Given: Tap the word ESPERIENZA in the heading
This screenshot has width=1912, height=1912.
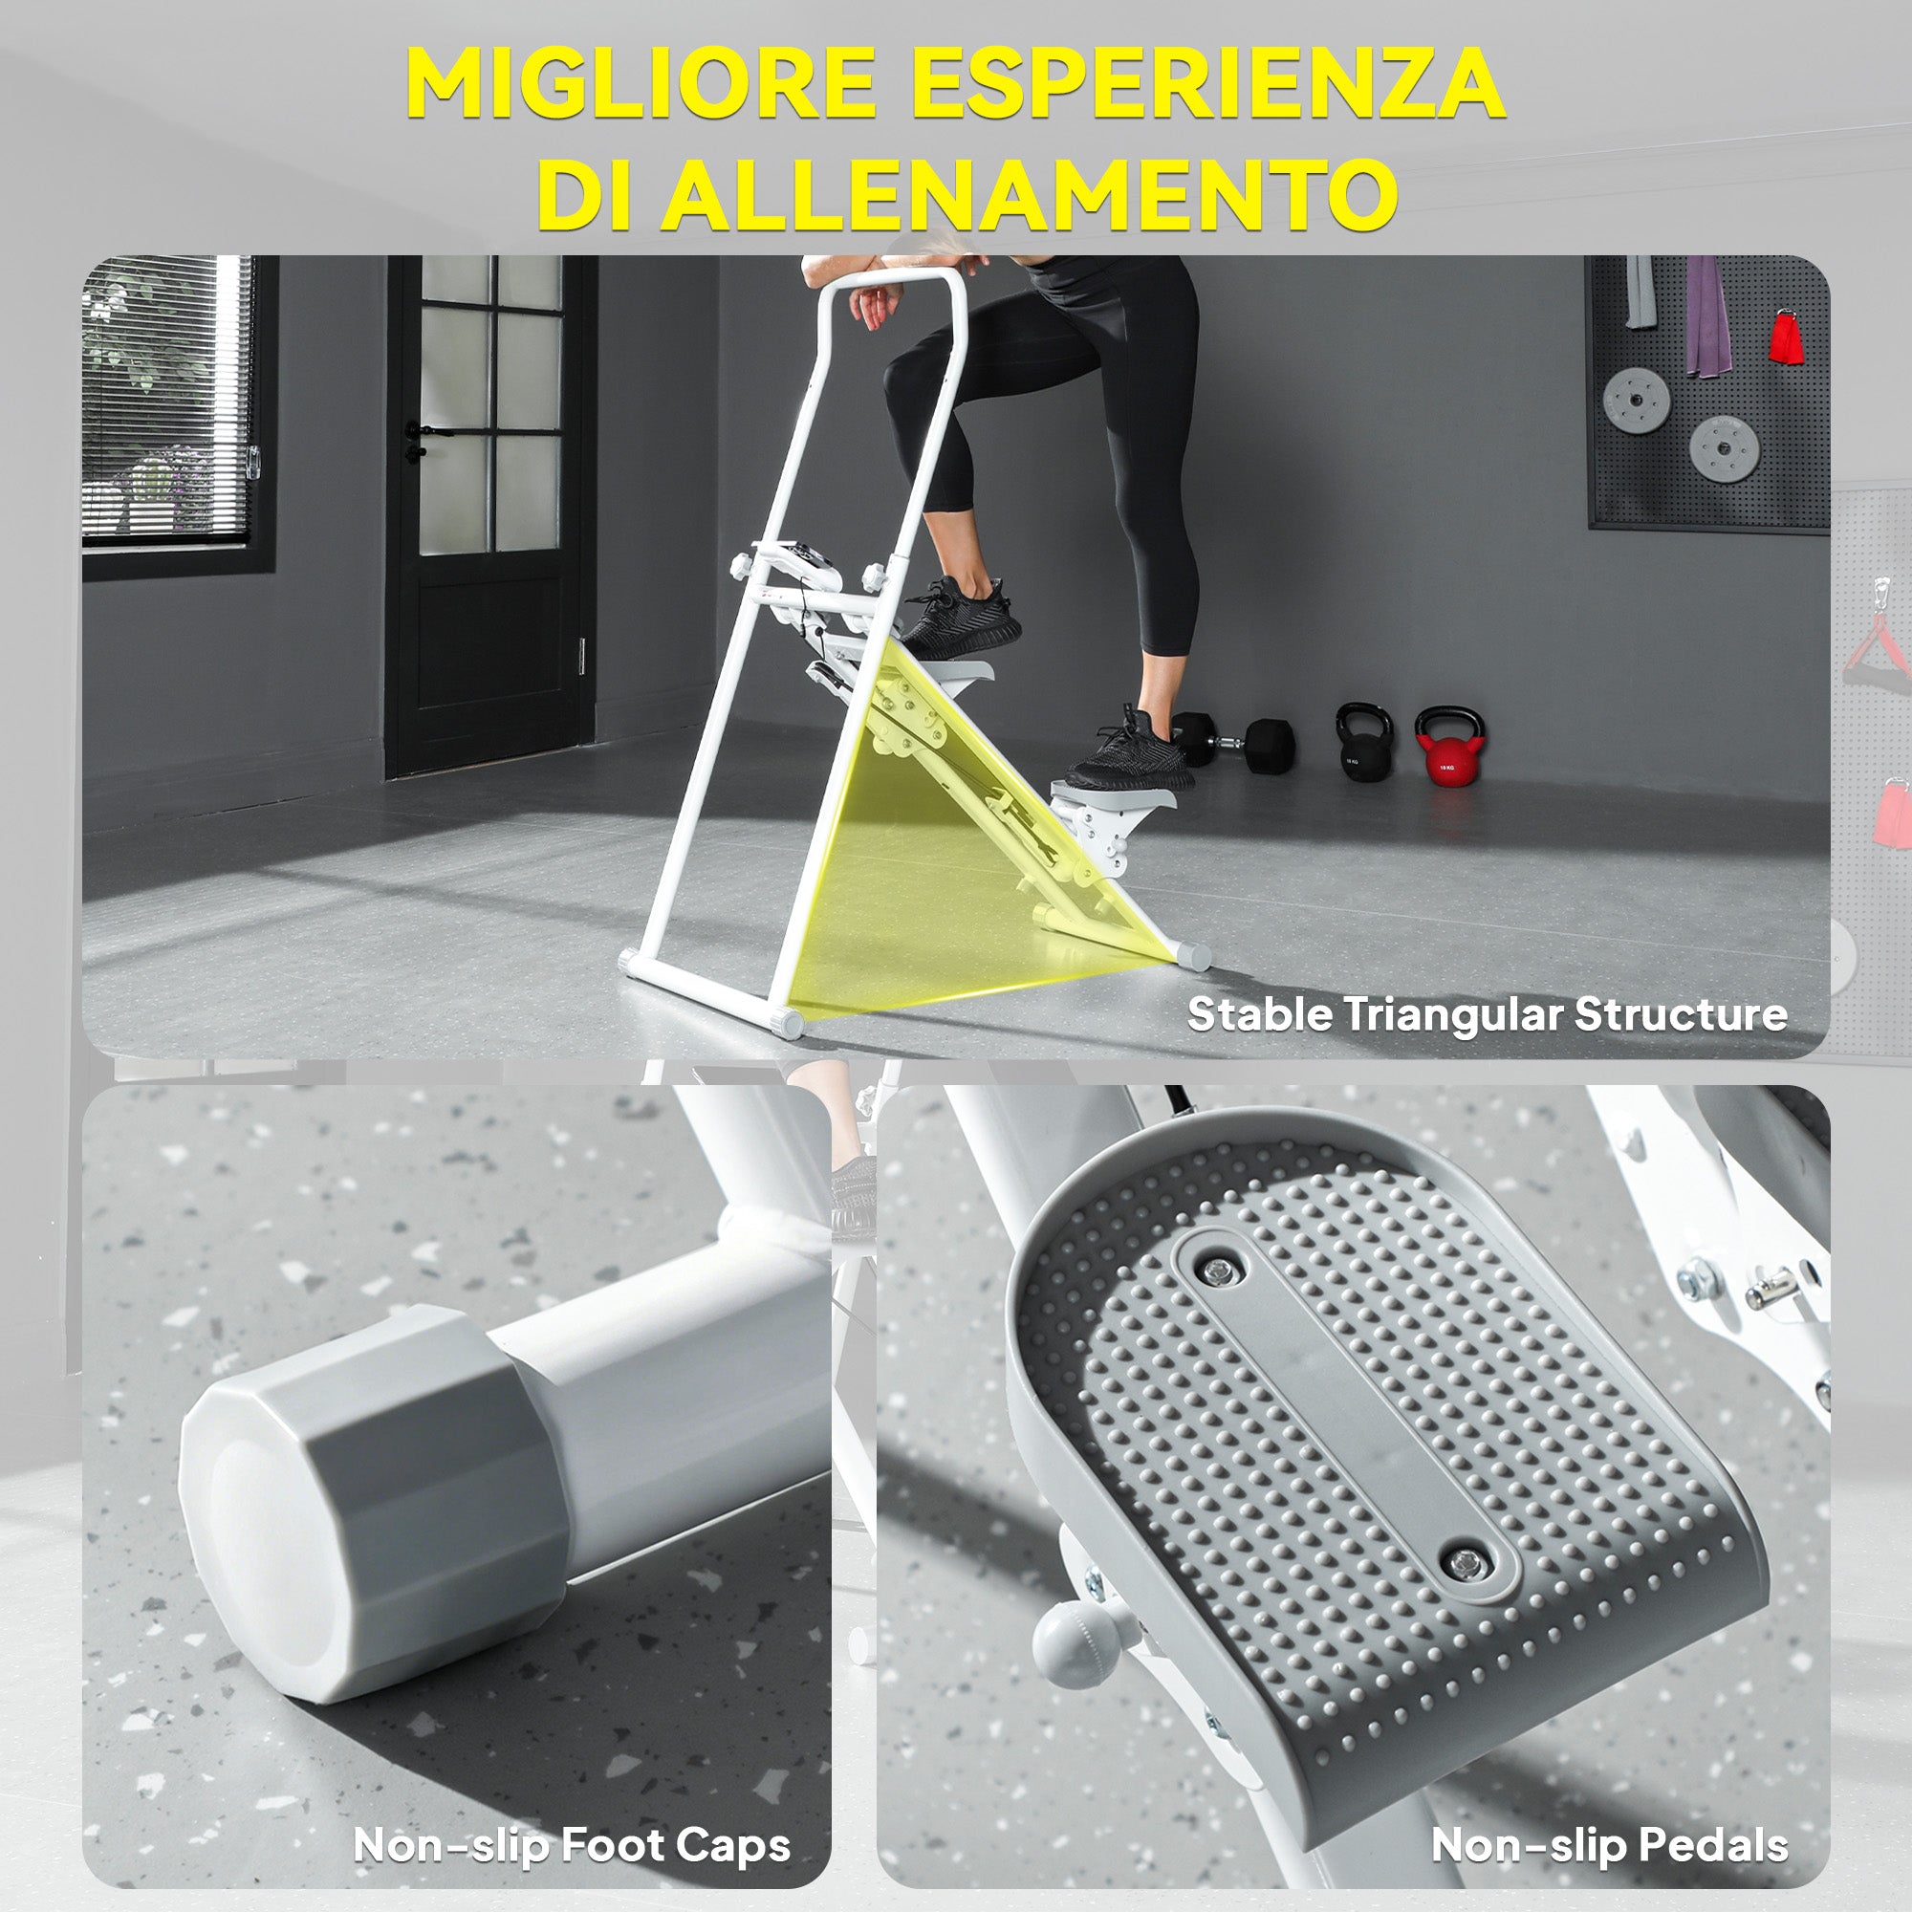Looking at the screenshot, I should [x=1208, y=83].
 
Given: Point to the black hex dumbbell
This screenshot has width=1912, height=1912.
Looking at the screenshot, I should [x=1233, y=740].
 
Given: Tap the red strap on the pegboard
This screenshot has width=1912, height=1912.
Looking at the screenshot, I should [x=1784, y=337].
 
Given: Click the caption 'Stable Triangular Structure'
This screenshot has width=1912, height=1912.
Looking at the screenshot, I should [x=1487, y=1014].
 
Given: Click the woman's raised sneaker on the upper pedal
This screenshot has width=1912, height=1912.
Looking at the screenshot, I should [x=959, y=619].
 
